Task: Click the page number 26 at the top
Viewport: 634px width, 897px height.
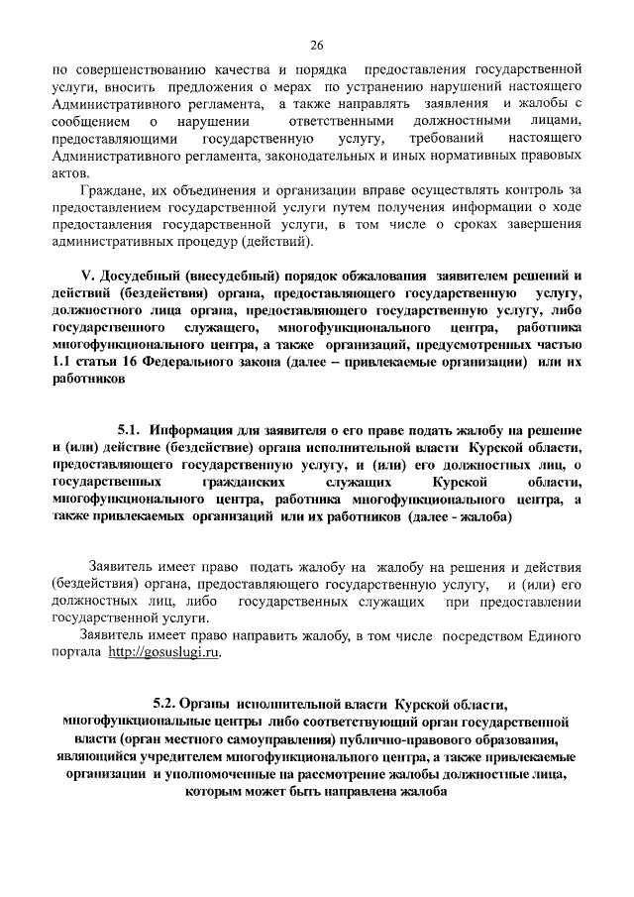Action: coord(317,45)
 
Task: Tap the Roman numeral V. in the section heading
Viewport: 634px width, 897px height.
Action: coord(86,276)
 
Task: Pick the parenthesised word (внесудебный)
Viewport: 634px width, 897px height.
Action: coord(239,276)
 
